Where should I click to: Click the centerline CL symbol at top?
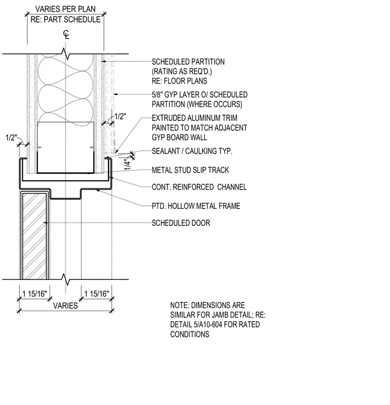click(67, 35)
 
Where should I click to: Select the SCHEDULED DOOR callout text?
click(181, 223)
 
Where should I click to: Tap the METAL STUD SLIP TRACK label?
click(190, 170)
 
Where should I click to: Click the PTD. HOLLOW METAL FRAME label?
click(196, 206)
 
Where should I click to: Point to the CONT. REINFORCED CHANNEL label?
click(199, 187)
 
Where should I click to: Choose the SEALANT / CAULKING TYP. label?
click(192, 151)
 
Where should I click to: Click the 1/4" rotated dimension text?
click(127, 164)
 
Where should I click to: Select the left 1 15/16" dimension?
click(35, 294)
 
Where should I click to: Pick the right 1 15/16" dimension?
click(97, 294)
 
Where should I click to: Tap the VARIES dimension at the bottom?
click(66, 305)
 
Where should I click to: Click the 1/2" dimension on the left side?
click(11, 137)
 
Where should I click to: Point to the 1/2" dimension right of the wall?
click(120, 117)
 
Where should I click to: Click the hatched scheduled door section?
click(34, 236)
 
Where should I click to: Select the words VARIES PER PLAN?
click(66, 9)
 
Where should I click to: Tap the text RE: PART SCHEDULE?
click(66, 19)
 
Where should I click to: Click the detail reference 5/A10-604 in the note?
click(215, 325)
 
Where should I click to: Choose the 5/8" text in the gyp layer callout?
click(157, 95)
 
